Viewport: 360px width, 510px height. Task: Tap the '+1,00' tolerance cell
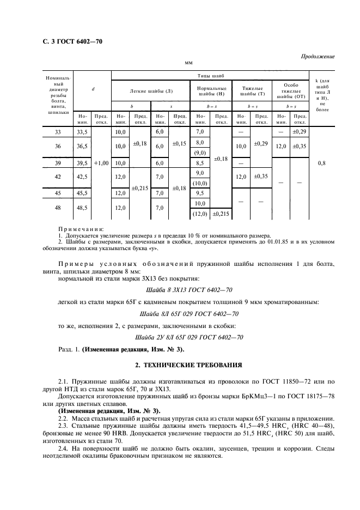click(x=101, y=163)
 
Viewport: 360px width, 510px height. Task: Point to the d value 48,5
click(x=82, y=208)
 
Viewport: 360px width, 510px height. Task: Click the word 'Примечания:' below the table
click(x=81, y=229)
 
